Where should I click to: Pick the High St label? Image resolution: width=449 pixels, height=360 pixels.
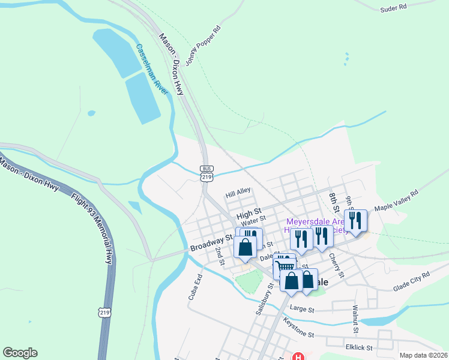[249, 214]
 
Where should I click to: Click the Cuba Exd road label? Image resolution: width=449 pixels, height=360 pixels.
[195, 289]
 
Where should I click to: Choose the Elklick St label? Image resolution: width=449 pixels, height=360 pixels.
[358, 347]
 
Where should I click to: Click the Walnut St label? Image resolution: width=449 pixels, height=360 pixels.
[355, 319]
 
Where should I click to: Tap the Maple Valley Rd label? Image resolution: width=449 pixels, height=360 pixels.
[396, 200]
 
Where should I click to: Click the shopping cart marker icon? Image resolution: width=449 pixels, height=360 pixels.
[284, 266]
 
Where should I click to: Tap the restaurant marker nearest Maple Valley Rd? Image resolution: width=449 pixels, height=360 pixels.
[355, 221]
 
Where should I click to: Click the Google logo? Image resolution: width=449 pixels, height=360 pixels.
[20, 353]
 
